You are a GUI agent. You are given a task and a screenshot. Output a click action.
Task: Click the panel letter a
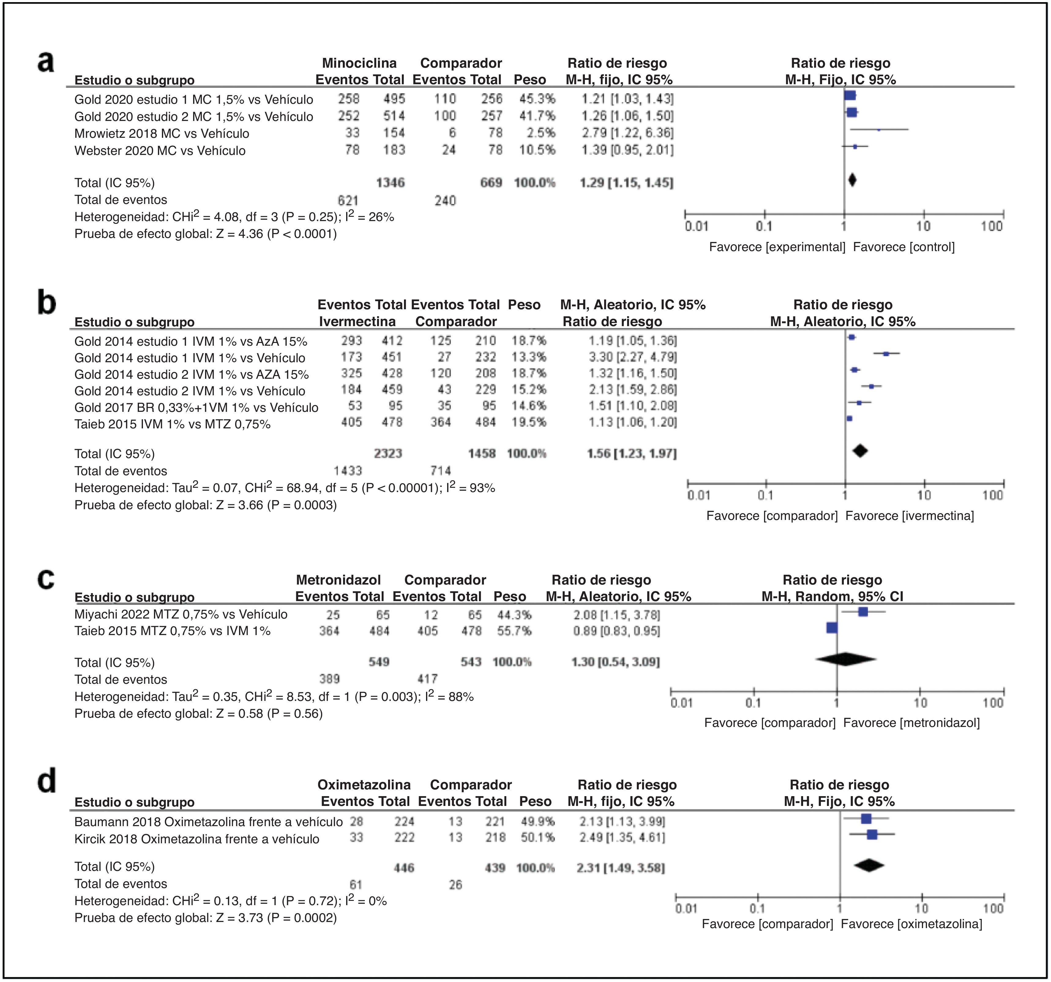pos(46,62)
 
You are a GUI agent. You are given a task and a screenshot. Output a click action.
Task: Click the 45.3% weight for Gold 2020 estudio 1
pos(537,99)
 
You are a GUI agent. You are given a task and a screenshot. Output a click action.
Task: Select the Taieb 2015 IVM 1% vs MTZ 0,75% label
pos(172,424)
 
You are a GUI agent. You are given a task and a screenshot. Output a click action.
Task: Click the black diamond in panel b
pos(860,451)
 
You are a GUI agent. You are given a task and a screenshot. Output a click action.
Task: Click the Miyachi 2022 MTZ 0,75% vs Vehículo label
pos(181,615)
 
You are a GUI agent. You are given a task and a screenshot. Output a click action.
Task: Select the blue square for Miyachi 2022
pos(863,612)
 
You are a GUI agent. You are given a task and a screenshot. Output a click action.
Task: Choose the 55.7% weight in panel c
pos(514,631)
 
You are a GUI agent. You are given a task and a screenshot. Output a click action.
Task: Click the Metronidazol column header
pos(338,580)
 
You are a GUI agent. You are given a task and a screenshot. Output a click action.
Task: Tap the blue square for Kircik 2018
pos(872,834)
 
